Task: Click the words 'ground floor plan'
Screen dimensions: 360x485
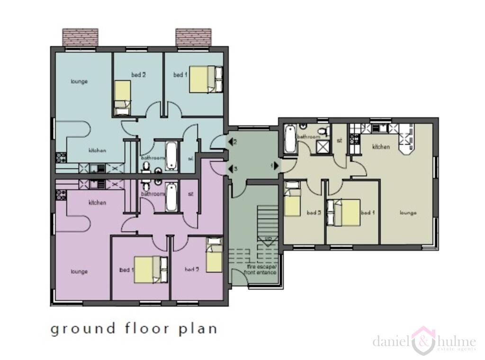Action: [134, 329]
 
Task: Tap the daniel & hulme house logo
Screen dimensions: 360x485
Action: [423, 340]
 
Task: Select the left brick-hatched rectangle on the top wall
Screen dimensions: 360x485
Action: [81, 37]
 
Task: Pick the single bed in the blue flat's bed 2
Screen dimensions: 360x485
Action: [122, 98]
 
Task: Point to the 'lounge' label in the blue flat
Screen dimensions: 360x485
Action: [79, 81]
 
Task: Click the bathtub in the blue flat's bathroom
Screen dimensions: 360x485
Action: [171, 155]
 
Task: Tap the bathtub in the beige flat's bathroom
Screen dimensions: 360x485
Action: [289, 138]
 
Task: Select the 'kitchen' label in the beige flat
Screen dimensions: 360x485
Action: [381, 147]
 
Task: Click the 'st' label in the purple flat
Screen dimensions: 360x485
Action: [190, 194]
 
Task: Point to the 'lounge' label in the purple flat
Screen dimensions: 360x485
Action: [79, 272]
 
